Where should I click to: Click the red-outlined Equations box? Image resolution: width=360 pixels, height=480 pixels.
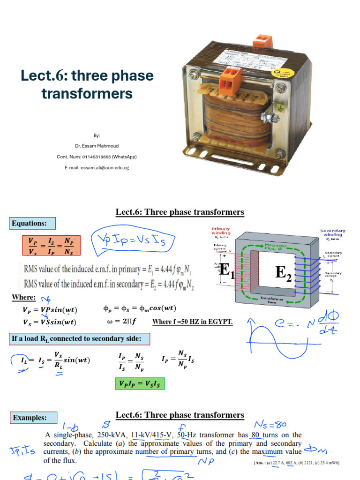(x=33, y=223)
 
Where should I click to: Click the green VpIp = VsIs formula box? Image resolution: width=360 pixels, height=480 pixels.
(x=139, y=384)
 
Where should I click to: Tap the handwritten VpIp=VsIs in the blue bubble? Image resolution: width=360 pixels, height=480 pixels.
(x=135, y=241)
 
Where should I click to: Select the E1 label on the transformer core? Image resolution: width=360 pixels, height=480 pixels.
(x=227, y=270)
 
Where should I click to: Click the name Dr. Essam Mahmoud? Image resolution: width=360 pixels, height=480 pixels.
(x=97, y=146)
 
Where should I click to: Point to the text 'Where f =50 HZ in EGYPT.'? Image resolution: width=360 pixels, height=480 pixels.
(x=193, y=322)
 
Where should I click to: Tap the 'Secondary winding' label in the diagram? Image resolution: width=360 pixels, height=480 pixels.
(x=333, y=233)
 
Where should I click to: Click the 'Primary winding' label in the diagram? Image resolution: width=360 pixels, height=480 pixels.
(x=221, y=231)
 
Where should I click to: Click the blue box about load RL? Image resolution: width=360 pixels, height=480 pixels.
(x=79, y=339)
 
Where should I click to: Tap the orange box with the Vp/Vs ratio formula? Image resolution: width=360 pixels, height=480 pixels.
(x=51, y=246)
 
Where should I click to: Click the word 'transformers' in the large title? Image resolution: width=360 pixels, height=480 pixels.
(x=87, y=93)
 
